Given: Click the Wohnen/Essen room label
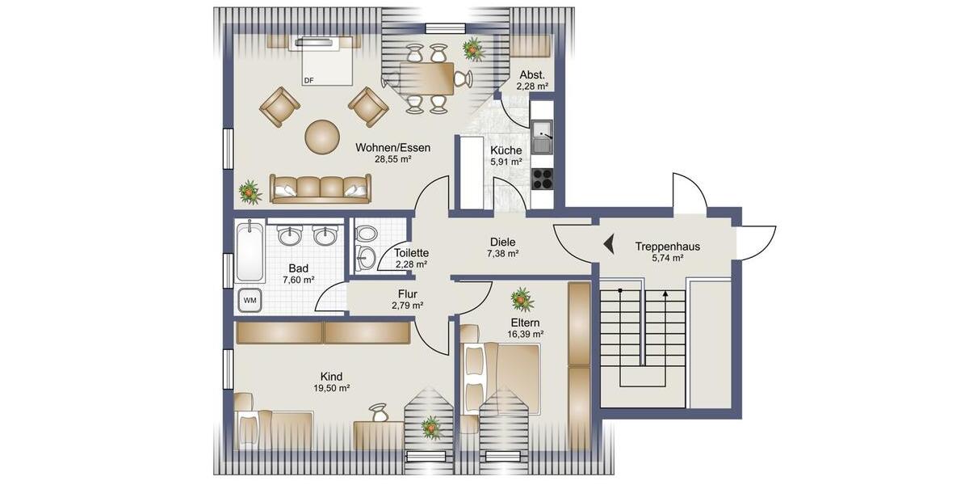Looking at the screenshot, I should point(393,148).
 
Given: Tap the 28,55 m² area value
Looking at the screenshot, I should point(393,160).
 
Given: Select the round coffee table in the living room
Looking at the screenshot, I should point(322,137).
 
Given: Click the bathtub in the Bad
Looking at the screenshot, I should point(250,251).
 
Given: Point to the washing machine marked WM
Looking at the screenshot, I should point(250,301).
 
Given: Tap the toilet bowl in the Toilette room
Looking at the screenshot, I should point(367,234).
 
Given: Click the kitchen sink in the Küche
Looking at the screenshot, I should point(541,136).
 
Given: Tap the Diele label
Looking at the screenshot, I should point(502,242).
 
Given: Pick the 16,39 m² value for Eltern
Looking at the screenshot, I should point(525,333).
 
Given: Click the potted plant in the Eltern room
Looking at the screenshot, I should point(522,300).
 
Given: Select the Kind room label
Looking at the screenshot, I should point(331,377).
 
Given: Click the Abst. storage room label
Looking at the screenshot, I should point(532,75).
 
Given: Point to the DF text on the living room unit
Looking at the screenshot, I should point(308,80).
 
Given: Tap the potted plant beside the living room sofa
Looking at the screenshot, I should point(250,192).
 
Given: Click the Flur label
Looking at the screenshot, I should point(407,294).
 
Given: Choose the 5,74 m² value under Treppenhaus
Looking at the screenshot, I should point(667,259).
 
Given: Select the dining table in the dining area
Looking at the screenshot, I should point(426,78).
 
